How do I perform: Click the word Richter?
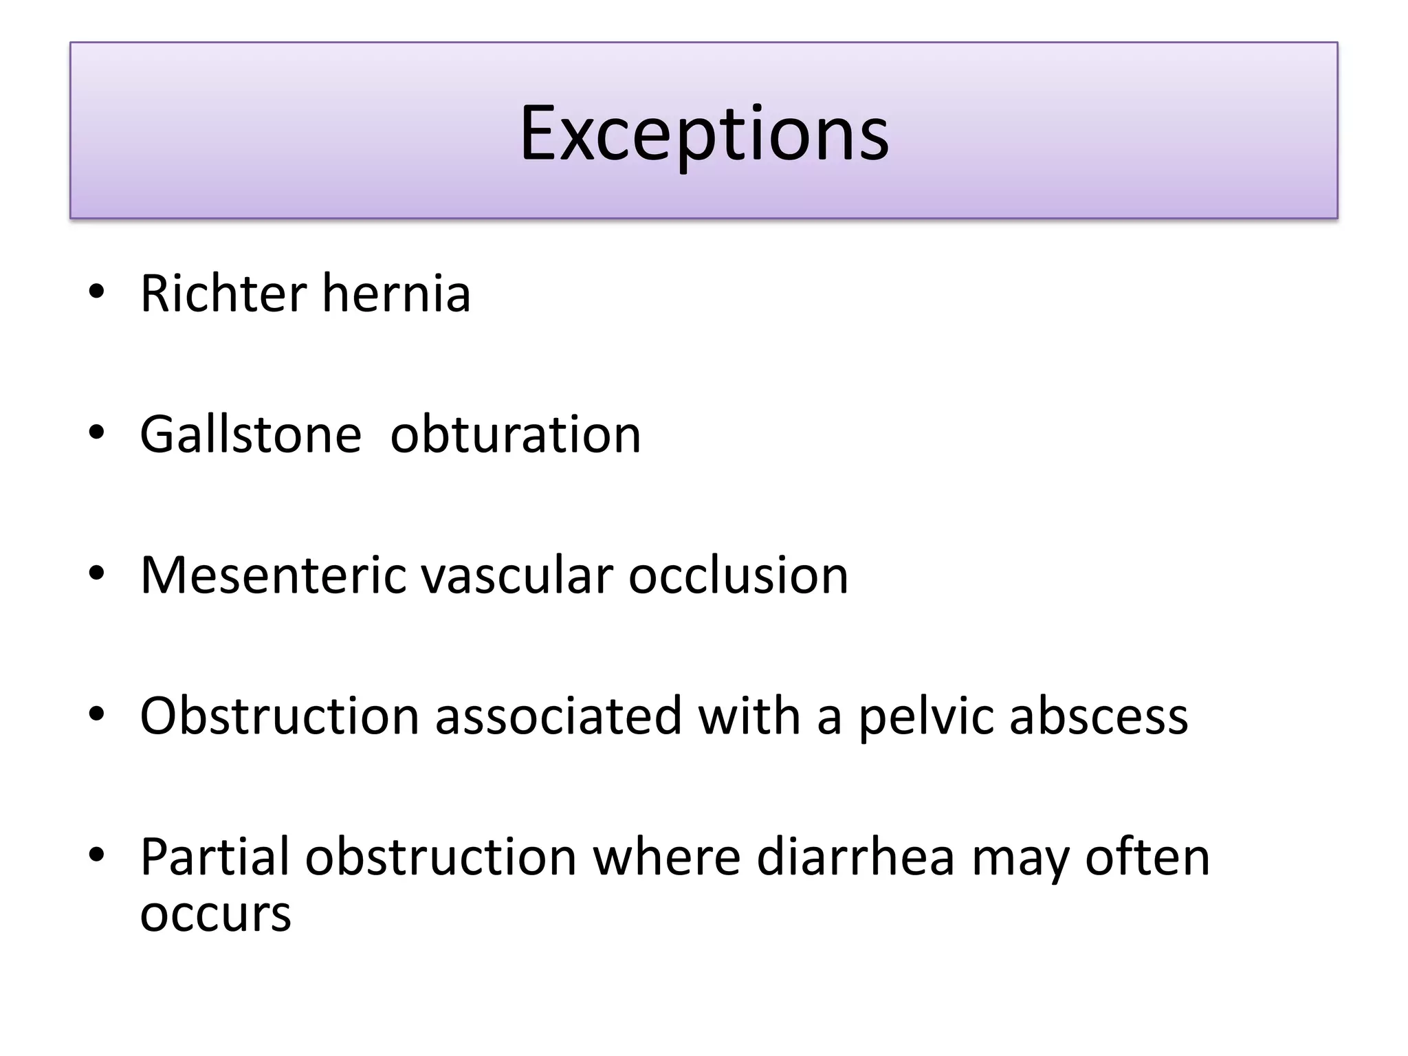point(223,294)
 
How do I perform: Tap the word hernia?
point(396,294)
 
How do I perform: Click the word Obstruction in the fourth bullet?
point(279,716)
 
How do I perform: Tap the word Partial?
point(214,857)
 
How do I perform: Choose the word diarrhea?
point(855,857)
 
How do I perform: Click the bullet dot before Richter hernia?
point(96,291)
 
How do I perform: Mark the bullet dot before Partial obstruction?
point(96,855)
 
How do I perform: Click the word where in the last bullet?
point(666,857)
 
